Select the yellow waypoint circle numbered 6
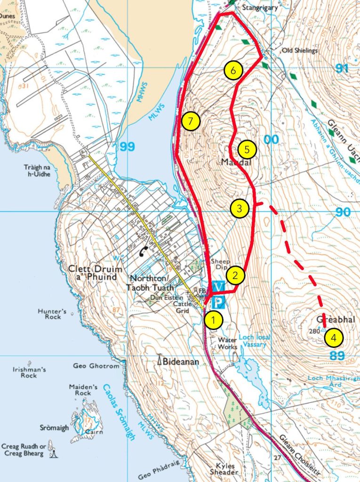click(233, 71)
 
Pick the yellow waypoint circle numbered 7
click(190, 121)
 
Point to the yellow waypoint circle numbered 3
click(240, 209)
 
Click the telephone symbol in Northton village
click(144, 252)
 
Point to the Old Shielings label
click(299, 50)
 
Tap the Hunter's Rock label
click(50, 313)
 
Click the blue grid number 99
click(127, 147)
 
